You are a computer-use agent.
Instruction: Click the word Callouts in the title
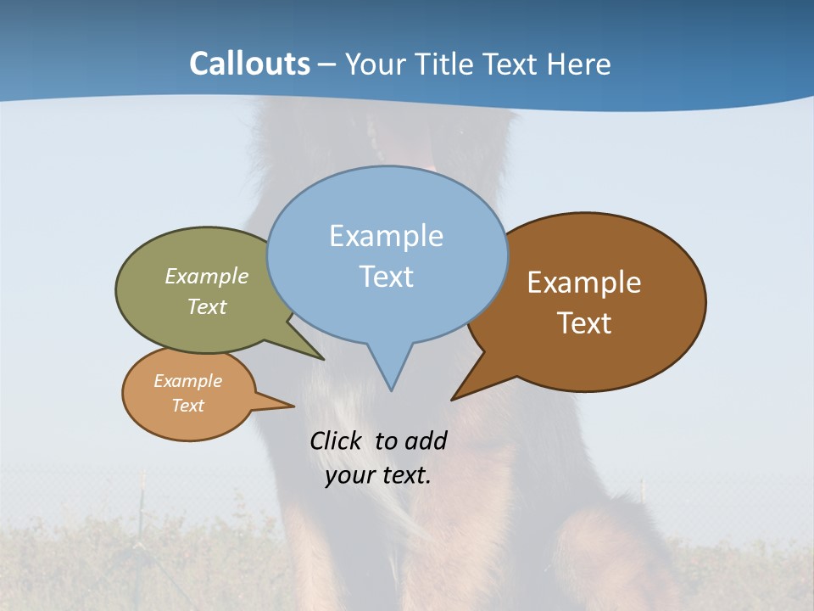[249, 64]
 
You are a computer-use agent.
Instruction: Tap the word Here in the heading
[579, 64]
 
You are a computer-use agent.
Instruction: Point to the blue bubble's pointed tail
[390, 373]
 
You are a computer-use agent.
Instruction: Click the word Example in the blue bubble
[387, 236]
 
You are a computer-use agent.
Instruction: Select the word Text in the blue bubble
[387, 277]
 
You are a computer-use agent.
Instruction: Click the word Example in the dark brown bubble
[584, 283]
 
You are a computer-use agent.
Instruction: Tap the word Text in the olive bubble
[207, 306]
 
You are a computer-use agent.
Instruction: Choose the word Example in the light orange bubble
[187, 381]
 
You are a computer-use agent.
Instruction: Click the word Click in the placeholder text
[337, 440]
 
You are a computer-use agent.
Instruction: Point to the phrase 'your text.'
[378, 475]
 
